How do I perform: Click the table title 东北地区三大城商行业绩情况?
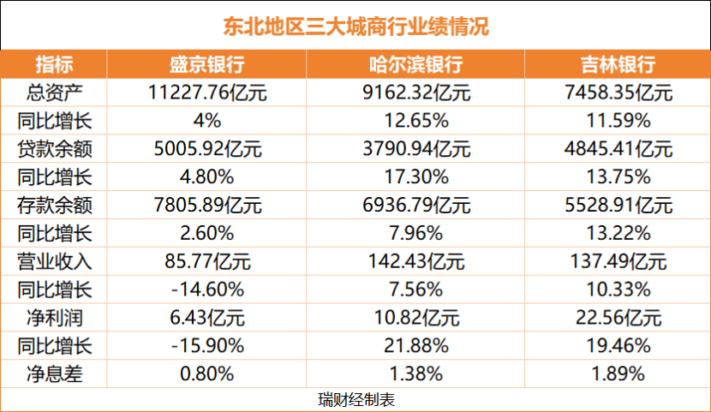[355, 26]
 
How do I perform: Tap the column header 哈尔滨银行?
[415, 65]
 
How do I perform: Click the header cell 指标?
[54, 65]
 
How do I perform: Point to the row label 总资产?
[54, 93]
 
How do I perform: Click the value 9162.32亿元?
[415, 93]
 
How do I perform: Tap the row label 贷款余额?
[54, 149]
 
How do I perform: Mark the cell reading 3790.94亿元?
[415, 149]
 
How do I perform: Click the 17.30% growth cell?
[415, 177]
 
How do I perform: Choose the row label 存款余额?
[54, 206]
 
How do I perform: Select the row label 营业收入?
[54, 262]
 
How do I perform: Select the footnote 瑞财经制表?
[355, 400]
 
